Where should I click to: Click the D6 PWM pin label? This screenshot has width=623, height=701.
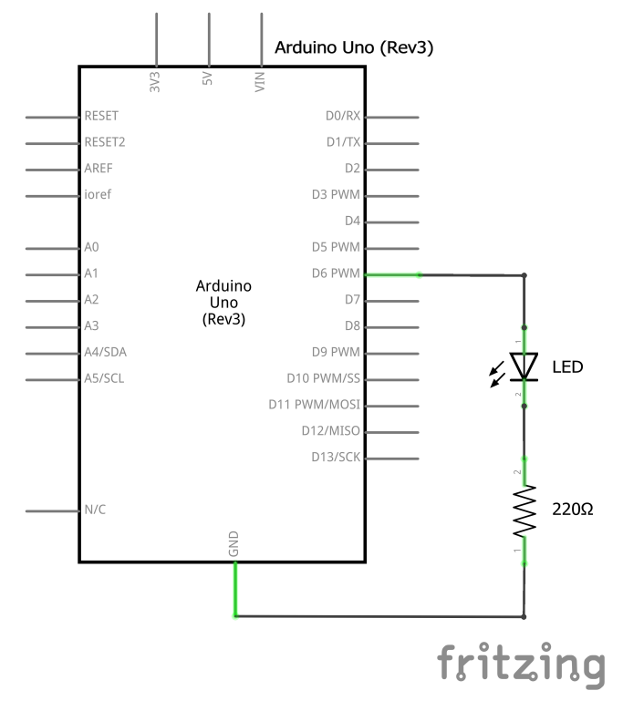coord(336,273)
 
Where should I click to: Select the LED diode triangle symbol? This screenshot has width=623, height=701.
coord(524,366)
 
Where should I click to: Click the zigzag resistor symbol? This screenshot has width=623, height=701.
coord(524,511)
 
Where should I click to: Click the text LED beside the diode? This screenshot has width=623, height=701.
coord(567,367)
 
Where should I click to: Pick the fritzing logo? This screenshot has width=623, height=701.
coord(521,664)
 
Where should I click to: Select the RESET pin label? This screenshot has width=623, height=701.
coord(101,117)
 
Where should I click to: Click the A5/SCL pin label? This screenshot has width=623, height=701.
coord(104,377)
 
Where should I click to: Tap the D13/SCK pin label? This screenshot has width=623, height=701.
coord(335,457)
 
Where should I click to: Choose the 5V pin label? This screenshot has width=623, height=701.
coord(208,80)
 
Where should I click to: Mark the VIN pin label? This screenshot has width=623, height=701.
coord(261,82)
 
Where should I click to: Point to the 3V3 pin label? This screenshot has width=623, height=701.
coord(155,81)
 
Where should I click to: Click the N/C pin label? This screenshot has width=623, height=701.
coord(95,509)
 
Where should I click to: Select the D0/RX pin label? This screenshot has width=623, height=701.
coord(343,117)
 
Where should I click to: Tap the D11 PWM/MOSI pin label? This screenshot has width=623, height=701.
coord(314,404)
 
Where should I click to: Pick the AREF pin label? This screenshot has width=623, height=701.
coord(99,169)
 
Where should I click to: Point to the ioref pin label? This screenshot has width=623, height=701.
coord(98,194)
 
